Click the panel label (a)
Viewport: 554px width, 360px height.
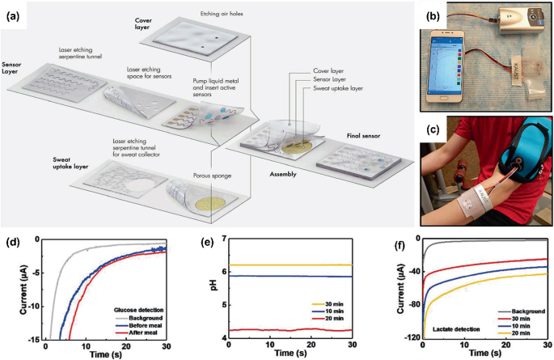click(13, 15)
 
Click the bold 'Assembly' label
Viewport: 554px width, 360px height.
click(288, 173)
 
